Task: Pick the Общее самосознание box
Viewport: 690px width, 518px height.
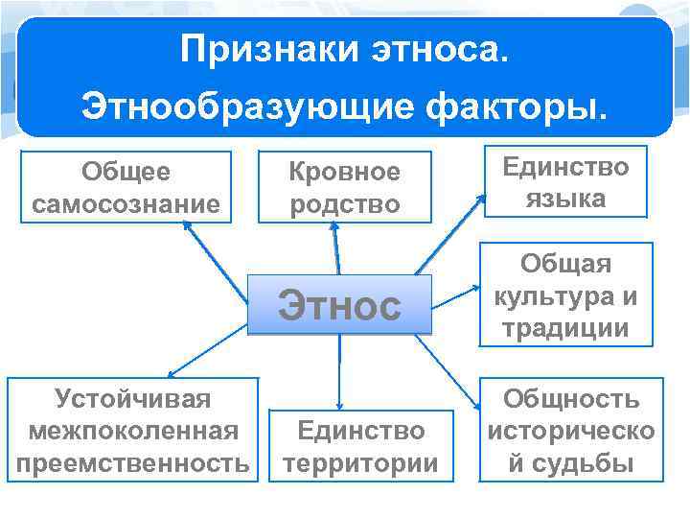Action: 126,187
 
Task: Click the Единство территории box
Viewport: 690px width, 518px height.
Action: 359,446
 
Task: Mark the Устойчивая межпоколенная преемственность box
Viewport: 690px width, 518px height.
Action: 132,430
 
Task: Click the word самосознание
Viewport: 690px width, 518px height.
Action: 126,203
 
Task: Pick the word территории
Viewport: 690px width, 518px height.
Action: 359,463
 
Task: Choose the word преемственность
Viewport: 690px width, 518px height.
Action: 132,462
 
